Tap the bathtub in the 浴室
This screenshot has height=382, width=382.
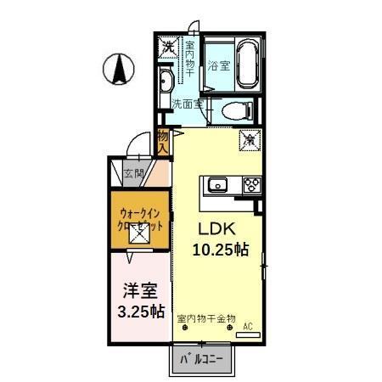[247, 65]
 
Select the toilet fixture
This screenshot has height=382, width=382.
[235, 110]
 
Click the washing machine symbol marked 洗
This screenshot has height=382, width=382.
[169, 47]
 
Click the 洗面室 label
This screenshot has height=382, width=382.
[187, 104]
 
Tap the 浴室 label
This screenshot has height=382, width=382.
[218, 65]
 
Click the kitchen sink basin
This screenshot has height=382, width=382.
[216, 184]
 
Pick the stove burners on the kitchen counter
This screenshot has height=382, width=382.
[252, 184]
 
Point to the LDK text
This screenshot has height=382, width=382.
[216, 229]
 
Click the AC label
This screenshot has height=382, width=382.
[249, 325]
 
